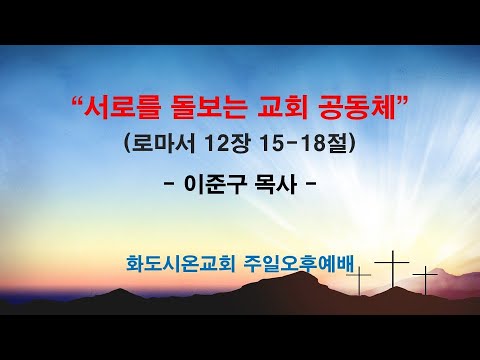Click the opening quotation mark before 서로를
click(80, 97)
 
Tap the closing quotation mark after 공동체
click(400, 97)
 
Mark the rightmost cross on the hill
click(426, 276)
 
